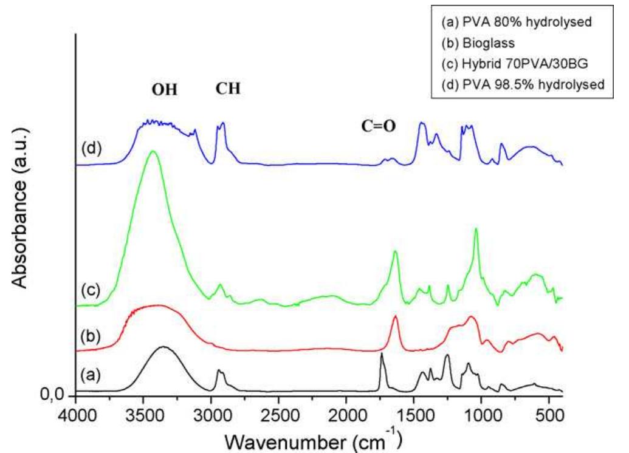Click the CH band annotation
tap(228, 89)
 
